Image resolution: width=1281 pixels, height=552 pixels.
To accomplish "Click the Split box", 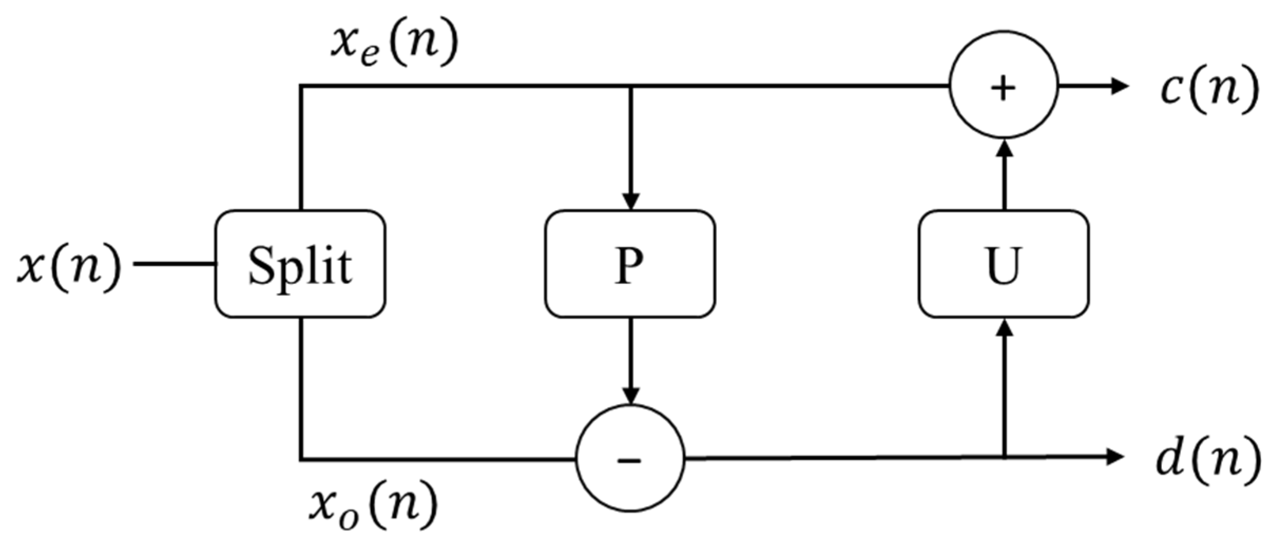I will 300,264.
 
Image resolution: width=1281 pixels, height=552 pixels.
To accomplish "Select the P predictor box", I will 630,264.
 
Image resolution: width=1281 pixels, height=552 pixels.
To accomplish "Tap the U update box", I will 1004,264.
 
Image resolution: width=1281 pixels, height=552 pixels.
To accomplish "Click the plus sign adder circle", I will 1004,85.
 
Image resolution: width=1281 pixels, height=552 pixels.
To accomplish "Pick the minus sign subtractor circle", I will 630,458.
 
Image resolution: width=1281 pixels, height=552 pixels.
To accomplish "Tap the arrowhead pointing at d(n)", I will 1114,457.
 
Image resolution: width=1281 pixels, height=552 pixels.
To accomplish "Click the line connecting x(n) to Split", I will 174,264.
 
